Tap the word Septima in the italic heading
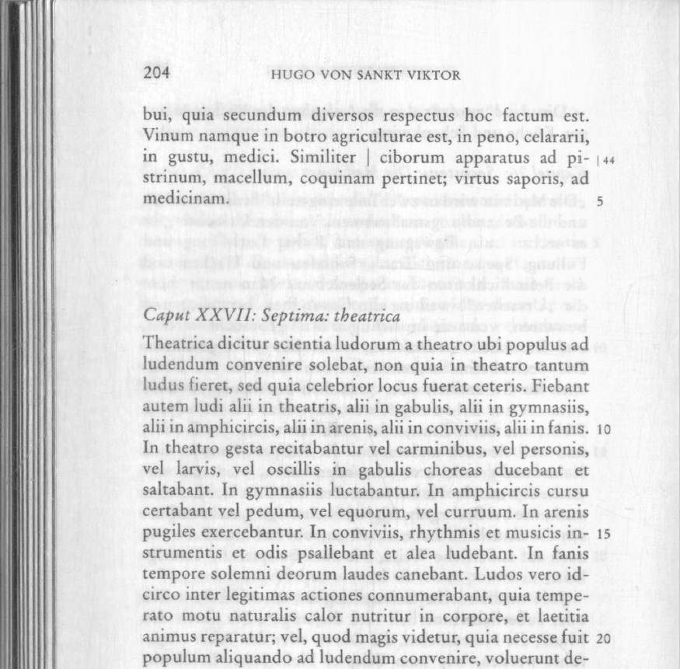(288, 317)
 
